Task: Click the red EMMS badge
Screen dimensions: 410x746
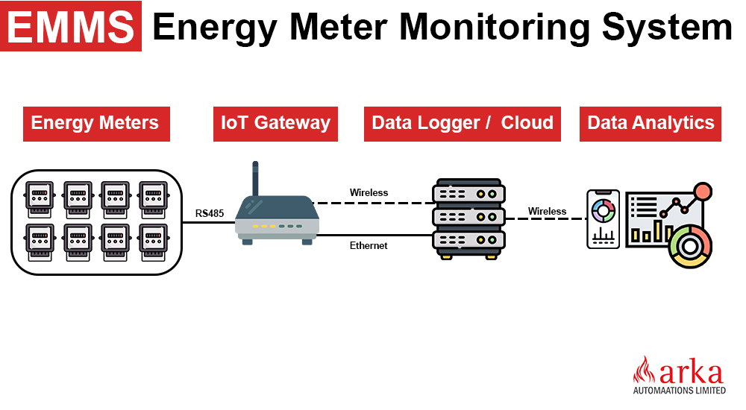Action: click(x=72, y=26)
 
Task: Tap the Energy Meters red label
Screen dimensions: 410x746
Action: click(x=95, y=123)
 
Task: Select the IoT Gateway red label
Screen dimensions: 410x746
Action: click(x=275, y=123)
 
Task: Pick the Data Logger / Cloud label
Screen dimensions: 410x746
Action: click(x=463, y=123)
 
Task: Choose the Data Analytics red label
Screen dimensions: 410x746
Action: click(x=651, y=123)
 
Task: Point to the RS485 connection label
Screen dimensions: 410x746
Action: click(x=210, y=214)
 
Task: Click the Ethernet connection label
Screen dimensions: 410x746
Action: click(x=369, y=245)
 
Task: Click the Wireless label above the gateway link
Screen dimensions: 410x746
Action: click(x=369, y=193)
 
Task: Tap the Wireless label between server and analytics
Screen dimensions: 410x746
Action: click(x=547, y=212)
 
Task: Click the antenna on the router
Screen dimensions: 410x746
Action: click(x=255, y=179)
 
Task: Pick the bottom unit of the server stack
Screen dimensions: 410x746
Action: click(x=468, y=240)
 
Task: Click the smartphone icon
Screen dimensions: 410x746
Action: click(x=604, y=218)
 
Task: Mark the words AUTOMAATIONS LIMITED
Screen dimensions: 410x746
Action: click(x=679, y=390)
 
